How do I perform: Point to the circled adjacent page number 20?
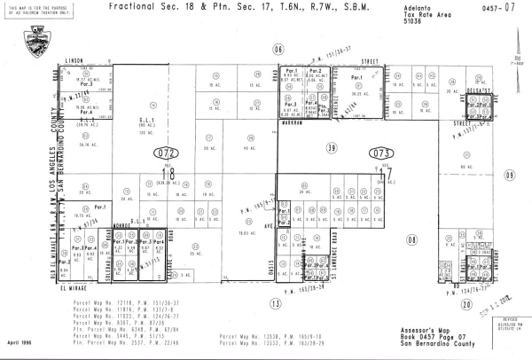click(465, 304)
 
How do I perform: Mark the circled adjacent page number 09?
click(509, 175)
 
